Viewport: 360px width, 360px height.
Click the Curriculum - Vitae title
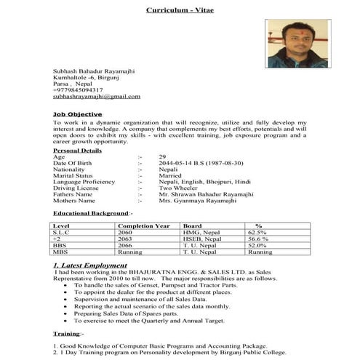tap(179, 12)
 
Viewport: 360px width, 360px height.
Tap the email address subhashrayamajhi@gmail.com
tap(97, 96)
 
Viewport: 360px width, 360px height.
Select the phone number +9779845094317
tap(83, 89)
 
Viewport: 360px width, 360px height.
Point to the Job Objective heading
tap(77, 115)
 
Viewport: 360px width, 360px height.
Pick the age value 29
tap(162, 156)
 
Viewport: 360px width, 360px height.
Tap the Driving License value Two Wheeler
tap(178, 188)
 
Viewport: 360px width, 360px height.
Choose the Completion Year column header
tap(143, 225)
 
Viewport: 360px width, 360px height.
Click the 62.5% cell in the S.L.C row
tap(258, 232)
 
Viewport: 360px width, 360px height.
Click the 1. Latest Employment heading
tap(94, 266)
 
